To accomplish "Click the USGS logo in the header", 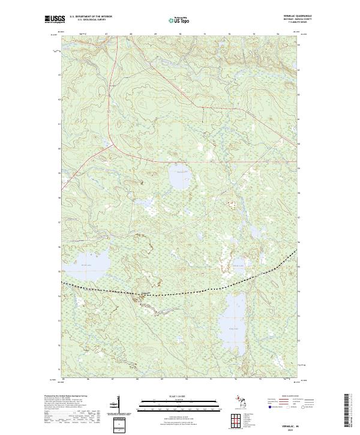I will click(x=55, y=19).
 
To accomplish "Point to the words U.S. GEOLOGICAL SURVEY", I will click(x=87, y=20).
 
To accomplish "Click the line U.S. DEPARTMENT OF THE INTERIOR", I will click(x=91, y=17).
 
